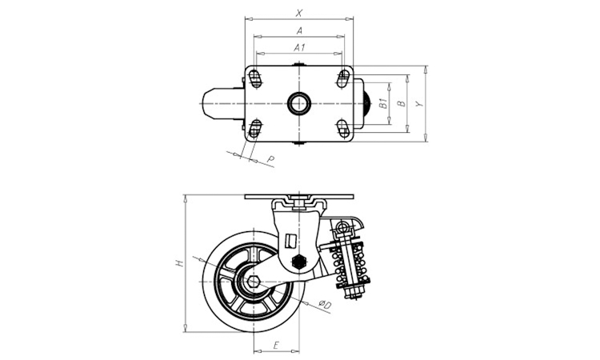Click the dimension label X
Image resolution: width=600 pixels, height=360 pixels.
pos(298,12)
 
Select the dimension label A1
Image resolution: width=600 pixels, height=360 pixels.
pos(298,48)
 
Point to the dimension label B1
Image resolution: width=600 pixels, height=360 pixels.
pos(383,102)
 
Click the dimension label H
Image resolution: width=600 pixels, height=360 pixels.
pos(180,262)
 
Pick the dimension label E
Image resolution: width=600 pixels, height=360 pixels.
pos(276,346)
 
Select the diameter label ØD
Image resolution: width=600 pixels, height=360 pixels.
pos(326,304)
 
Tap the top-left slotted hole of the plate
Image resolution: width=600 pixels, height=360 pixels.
pos(254,78)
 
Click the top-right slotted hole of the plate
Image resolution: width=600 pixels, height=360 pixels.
pos(342,78)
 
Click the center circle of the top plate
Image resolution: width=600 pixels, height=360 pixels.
pos(298,103)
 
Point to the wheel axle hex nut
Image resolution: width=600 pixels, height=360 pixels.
pos(254,281)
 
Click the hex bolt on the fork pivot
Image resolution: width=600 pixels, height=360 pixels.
pos(300,262)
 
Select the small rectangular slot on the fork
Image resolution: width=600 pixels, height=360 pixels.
pos(290,239)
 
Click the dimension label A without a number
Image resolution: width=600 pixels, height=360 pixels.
pos(298,30)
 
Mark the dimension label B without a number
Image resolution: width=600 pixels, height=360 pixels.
pos(401,102)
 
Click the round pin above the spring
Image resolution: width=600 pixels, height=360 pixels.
pos(345,230)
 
